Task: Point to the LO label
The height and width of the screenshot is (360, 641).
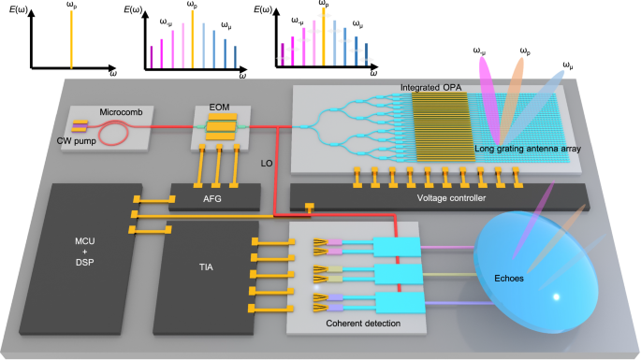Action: pos(267,164)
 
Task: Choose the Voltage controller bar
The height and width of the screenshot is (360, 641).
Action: pos(438,197)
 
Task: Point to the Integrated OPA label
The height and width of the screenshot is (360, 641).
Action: pos(431,87)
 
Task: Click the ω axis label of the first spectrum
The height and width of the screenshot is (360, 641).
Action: pos(112,72)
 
